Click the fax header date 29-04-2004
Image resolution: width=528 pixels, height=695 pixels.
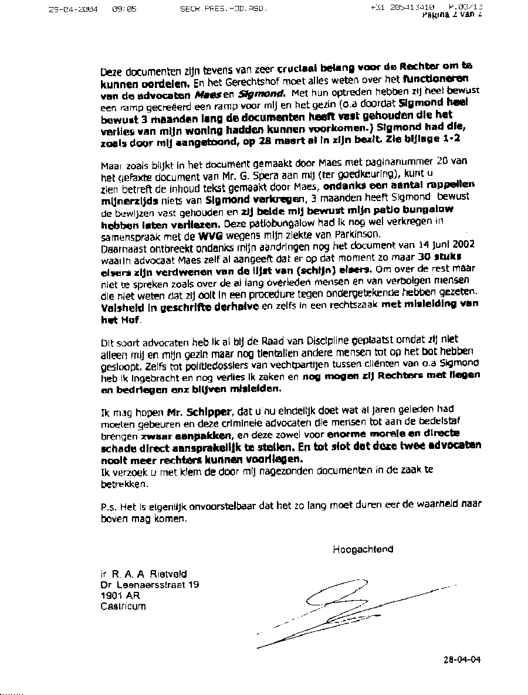pyautogui.click(x=73, y=9)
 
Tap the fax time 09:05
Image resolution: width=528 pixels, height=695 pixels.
pyautogui.click(x=124, y=9)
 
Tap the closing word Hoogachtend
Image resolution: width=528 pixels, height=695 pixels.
pyautogui.click(x=363, y=549)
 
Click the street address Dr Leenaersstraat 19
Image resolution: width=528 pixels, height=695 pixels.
pyautogui.click(x=150, y=585)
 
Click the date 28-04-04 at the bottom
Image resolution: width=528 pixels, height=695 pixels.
pyautogui.click(x=462, y=659)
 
